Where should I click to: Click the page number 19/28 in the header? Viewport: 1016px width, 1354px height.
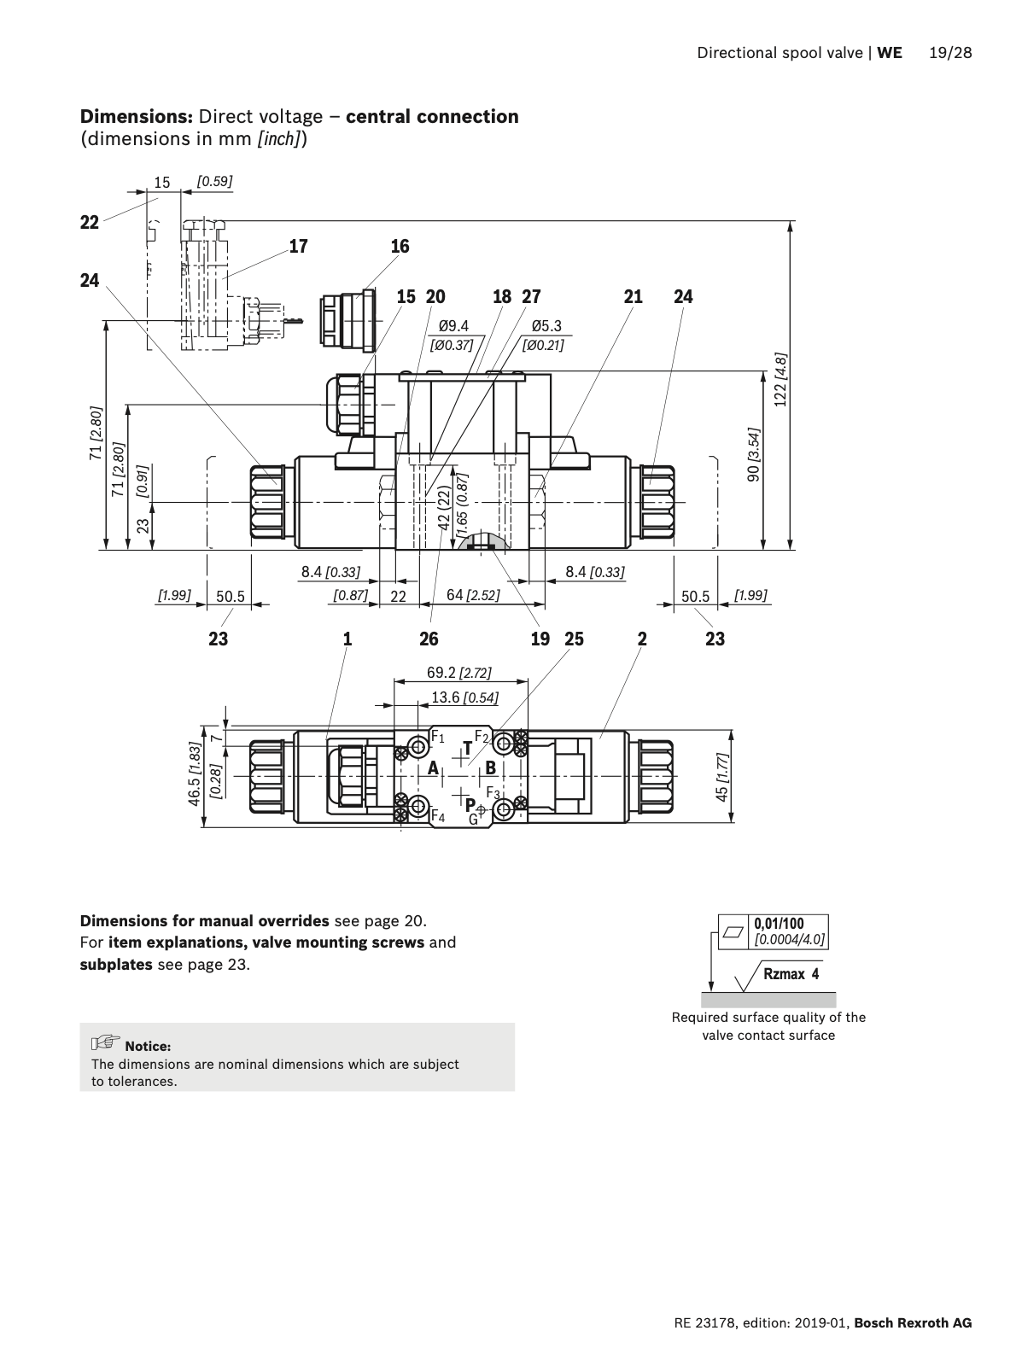point(950,53)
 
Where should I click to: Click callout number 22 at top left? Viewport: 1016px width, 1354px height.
point(90,223)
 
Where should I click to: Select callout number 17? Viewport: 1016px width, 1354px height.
point(298,247)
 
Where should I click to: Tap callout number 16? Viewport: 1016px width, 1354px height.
point(400,247)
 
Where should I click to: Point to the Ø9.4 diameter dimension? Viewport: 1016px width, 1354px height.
point(453,326)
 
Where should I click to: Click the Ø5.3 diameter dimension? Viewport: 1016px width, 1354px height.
point(546,326)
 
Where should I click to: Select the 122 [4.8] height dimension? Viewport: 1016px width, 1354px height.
point(780,380)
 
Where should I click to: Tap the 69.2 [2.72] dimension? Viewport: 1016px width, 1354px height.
point(459,673)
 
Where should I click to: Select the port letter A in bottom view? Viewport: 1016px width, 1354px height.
point(434,767)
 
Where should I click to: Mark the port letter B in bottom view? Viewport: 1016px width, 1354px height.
point(490,767)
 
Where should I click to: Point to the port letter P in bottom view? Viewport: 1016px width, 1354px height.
point(470,803)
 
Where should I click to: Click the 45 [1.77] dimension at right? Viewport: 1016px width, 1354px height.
point(722,777)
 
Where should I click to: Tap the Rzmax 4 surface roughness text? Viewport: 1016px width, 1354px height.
point(791,974)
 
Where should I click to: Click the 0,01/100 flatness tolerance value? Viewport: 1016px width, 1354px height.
point(778,924)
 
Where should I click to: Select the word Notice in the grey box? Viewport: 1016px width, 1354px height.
point(148,1046)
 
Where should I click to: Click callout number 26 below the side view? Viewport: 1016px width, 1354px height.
point(429,639)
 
